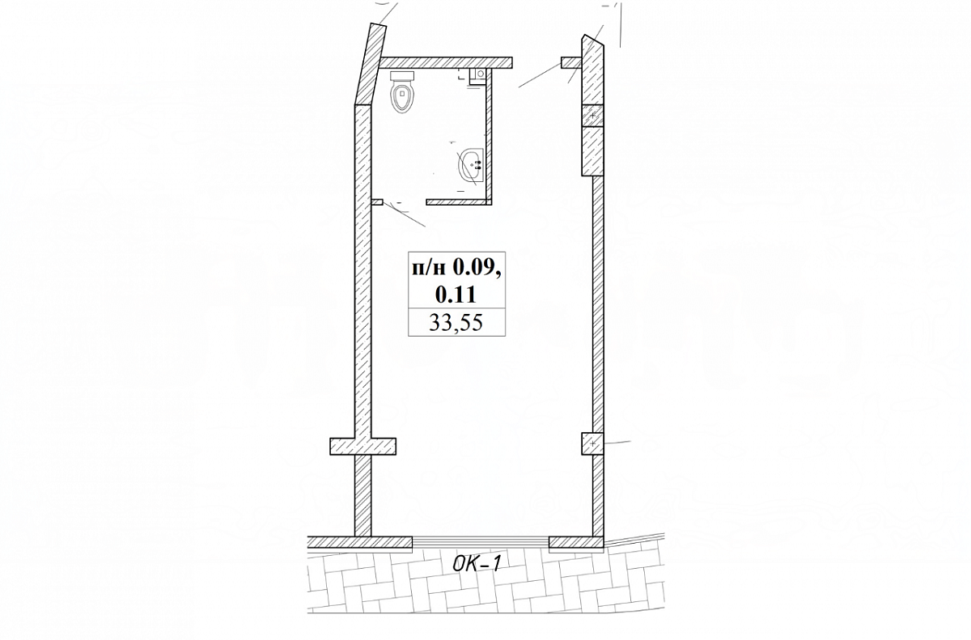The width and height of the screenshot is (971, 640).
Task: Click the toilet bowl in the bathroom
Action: [x=402, y=98]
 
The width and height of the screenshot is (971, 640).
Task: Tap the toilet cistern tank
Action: [x=402, y=76]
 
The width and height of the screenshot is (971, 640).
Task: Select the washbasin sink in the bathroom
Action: [x=471, y=166]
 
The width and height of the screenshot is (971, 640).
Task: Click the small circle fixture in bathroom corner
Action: [x=480, y=74]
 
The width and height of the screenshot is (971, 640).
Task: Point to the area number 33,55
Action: [x=456, y=323]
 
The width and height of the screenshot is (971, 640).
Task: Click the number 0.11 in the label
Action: [x=456, y=295]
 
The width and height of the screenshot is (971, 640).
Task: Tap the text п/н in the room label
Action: [x=429, y=269]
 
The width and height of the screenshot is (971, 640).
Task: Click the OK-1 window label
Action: [x=477, y=564]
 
